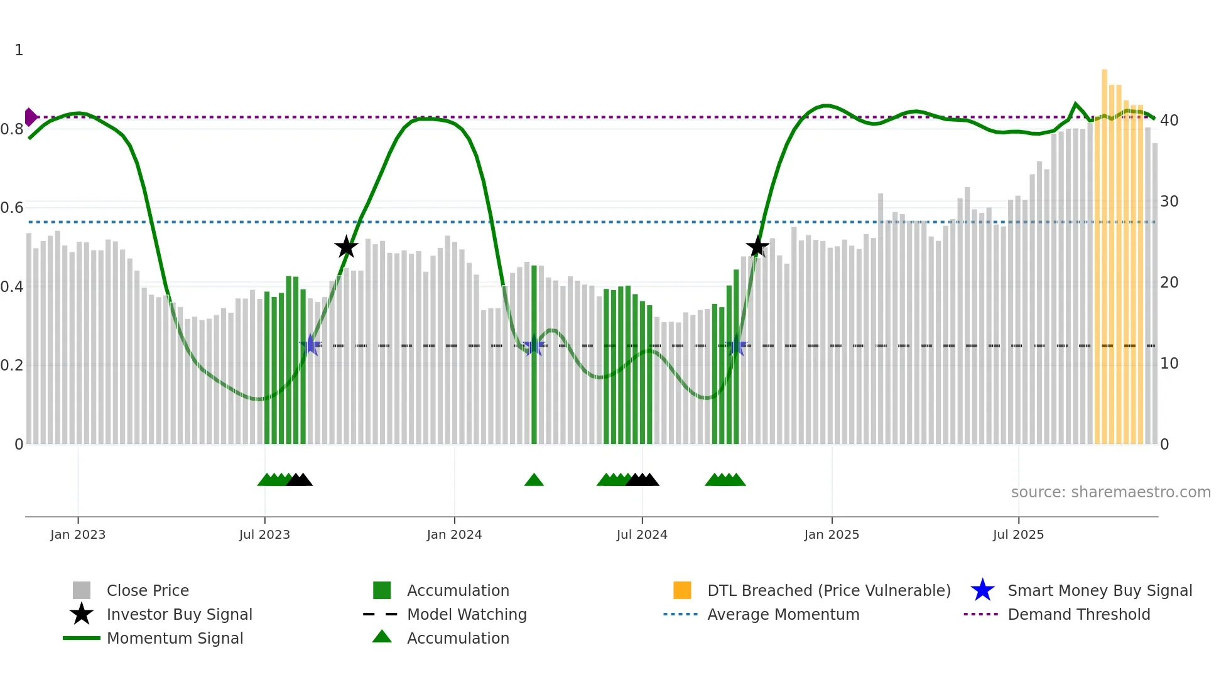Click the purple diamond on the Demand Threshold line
click(30, 117)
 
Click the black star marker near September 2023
click(346, 247)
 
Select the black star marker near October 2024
click(757, 246)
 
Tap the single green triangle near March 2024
click(534, 480)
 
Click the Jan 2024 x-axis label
click(454, 534)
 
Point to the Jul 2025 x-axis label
click(1018, 534)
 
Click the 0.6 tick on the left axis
click(12, 208)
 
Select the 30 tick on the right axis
click(1169, 202)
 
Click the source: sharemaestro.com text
click(1110, 492)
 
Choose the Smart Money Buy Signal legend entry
click(1099, 590)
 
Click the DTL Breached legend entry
click(828, 590)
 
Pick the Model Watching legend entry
click(466, 614)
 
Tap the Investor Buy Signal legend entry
click(179, 614)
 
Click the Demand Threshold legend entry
click(1078, 614)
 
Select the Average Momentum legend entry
click(783, 614)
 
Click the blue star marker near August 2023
click(310, 345)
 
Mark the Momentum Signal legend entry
click(175, 638)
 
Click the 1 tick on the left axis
click(19, 50)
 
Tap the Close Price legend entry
click(147, 590)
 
